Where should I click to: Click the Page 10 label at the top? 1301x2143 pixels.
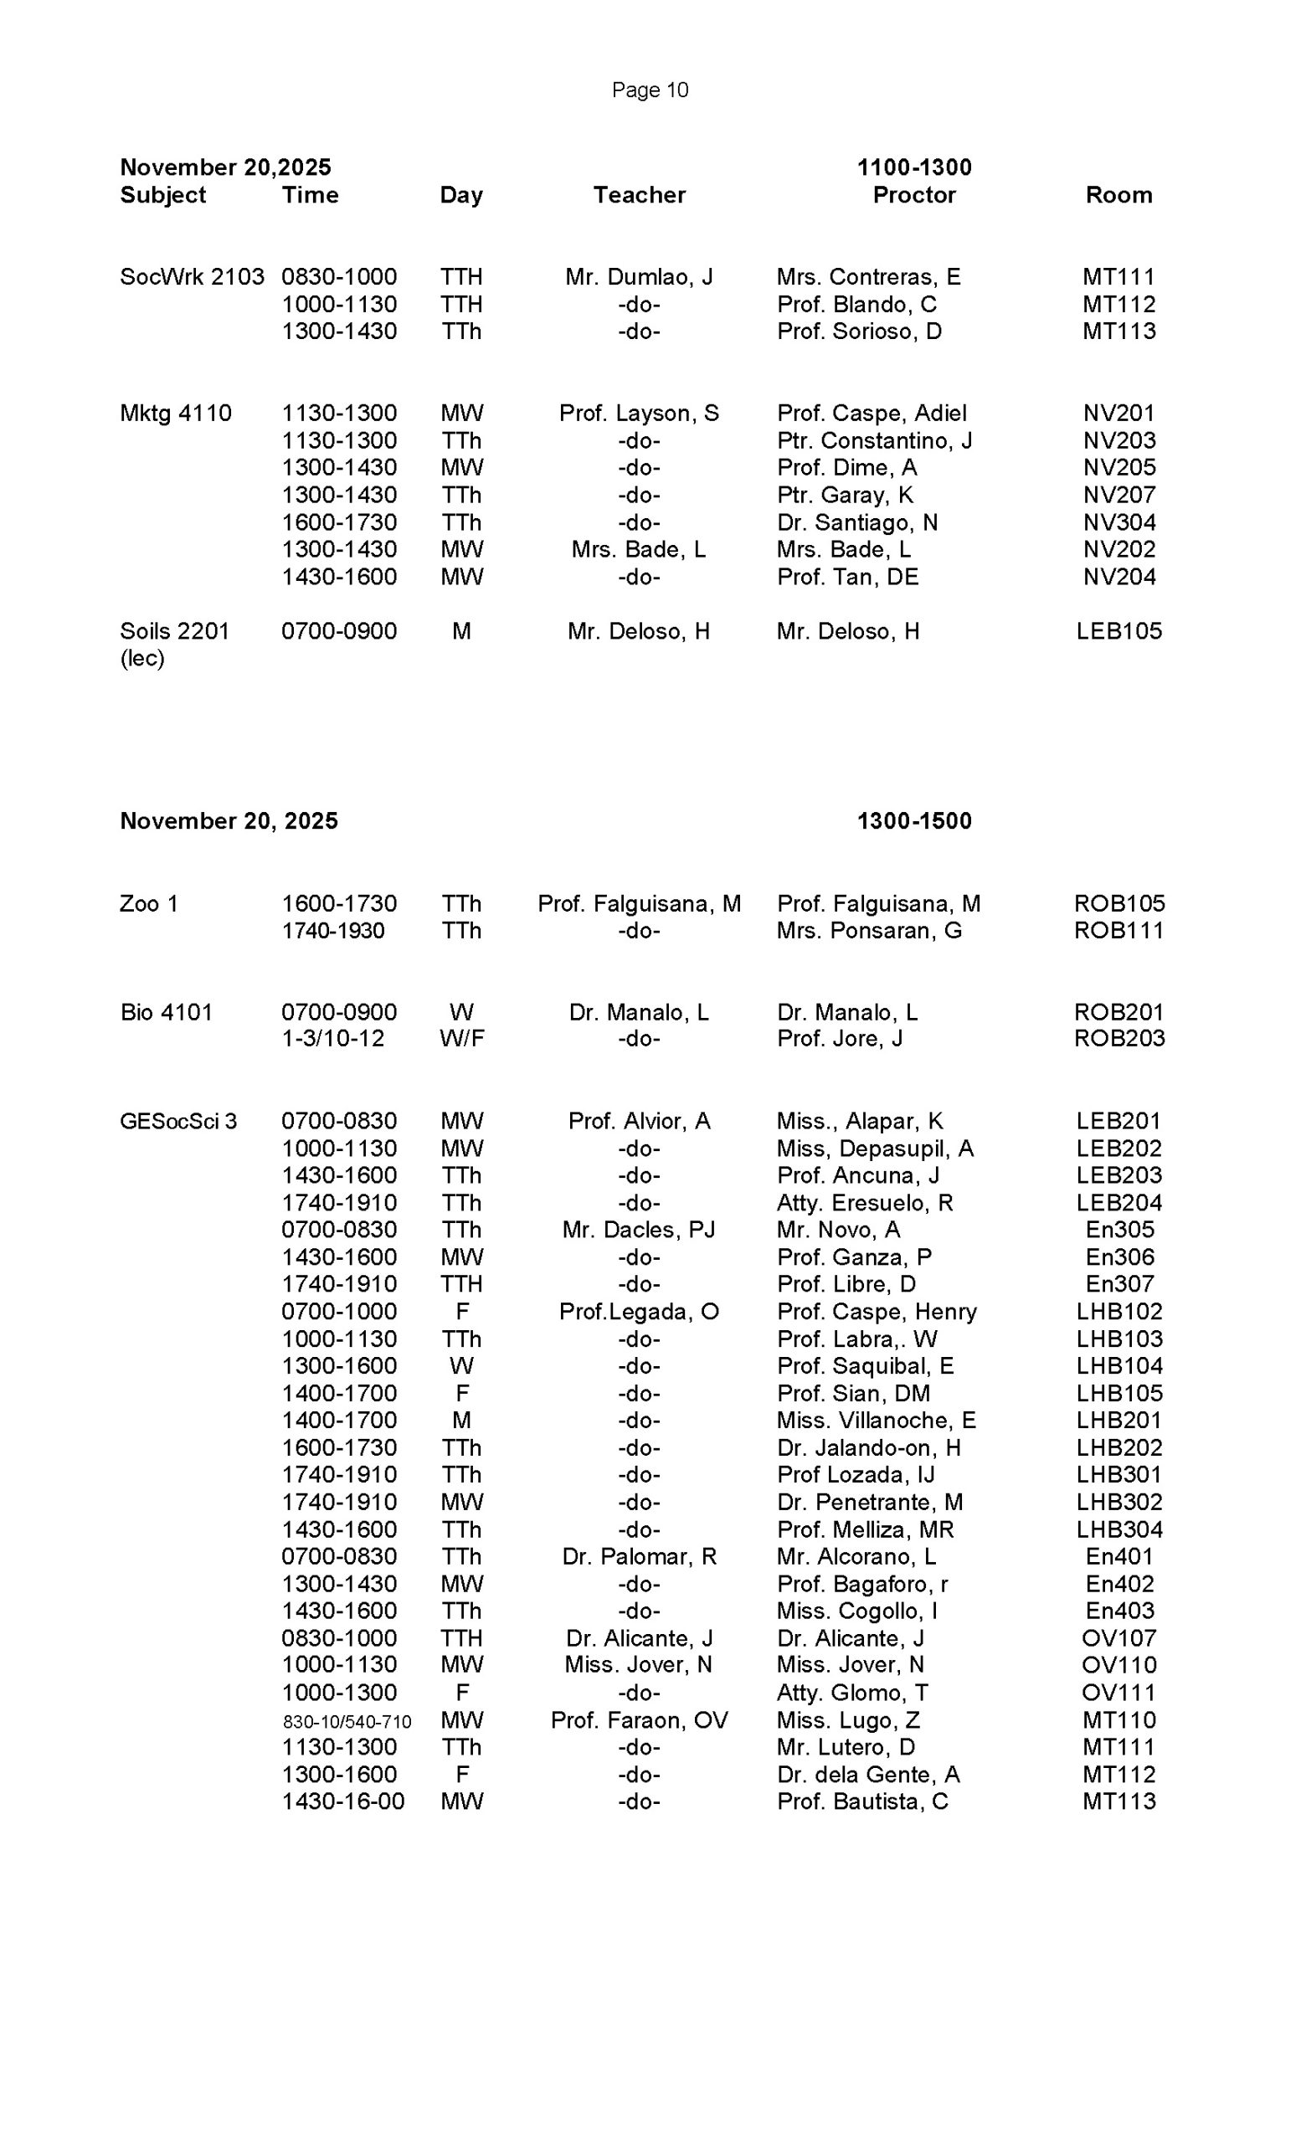coord(650,90)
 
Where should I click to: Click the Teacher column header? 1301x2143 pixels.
coord(639,195)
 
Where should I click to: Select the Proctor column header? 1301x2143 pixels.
coord(914,195)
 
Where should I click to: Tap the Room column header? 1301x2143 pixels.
coord(1118,195)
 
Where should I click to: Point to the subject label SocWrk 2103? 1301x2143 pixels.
coord(192,276)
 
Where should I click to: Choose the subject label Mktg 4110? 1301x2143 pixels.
coord(176,414)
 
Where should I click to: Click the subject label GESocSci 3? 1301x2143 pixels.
coord(178,1121)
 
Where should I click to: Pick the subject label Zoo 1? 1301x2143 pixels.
coord(149,903)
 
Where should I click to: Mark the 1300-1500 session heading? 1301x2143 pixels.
coord(914,821)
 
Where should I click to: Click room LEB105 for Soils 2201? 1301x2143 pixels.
coord(1118,631)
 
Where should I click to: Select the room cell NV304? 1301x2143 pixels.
coord(1118,522)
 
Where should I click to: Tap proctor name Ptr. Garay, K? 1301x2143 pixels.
coord(845,495)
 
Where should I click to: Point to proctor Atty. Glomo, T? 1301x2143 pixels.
coord(852,1693)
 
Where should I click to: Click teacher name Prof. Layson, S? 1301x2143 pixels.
coord(639,414)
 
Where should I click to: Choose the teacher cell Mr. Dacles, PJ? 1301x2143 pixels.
coord(639,1230)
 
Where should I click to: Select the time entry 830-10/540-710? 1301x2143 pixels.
coord(347,1721)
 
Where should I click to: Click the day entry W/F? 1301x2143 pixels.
coord(462,1039)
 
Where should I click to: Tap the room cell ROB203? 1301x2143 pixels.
coord(1118,1039)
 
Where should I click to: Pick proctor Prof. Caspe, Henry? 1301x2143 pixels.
coord(877,1312)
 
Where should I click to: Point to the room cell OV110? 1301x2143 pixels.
coord(1118,1665)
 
